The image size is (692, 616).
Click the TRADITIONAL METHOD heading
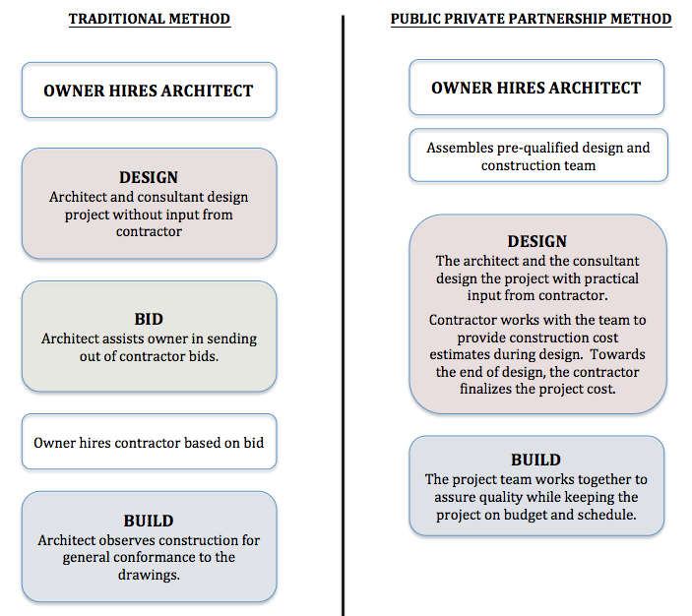click(150, 19)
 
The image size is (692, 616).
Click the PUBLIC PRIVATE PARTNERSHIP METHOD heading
click(531, 19)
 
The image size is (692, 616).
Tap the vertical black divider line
click(343, 316)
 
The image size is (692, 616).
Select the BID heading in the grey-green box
click(149, 319)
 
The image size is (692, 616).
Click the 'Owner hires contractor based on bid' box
click(150, 442)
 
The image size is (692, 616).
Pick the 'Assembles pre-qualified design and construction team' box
click(538, 155)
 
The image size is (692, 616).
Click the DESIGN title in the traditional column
click(149, 177)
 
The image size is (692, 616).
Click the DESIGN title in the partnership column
click(537, 241)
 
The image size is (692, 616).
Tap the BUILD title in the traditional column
click(149, 521)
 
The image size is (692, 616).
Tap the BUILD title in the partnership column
click(536, 460)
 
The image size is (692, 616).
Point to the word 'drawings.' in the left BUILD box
click(149, 575)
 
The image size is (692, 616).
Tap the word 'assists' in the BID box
click(122, 339)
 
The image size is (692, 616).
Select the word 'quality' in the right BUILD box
click(501, 497)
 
